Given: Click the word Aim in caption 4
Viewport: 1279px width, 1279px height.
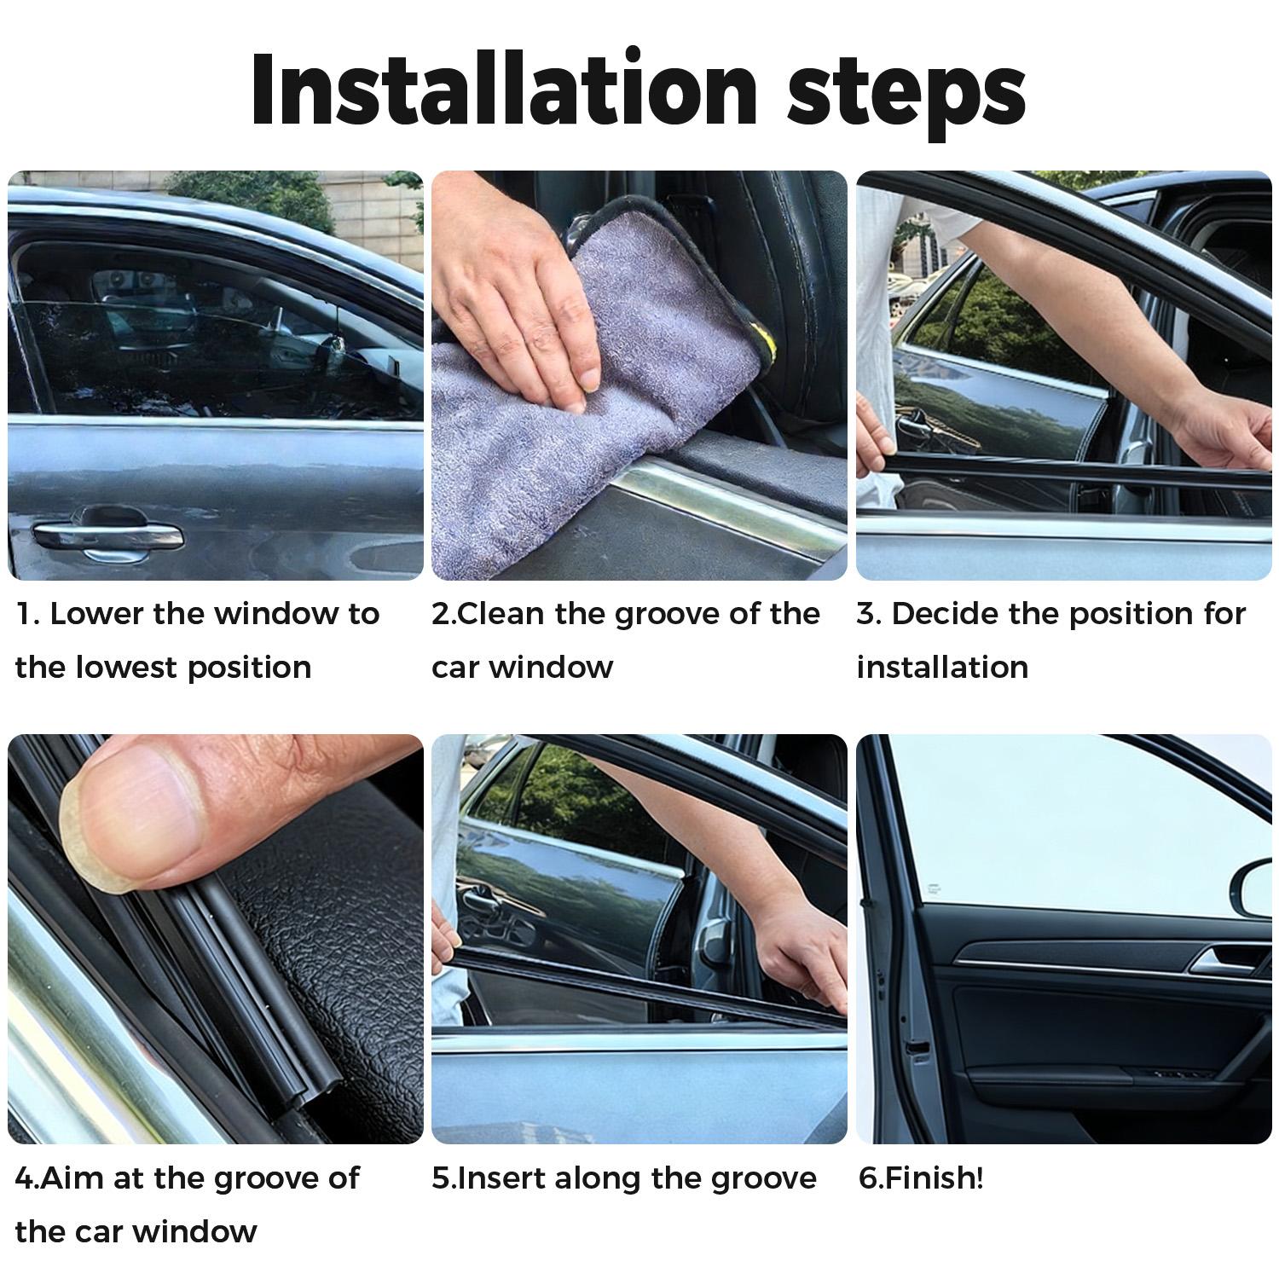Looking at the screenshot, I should click(67, 1178).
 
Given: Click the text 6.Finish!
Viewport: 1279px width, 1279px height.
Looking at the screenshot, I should click(921, 1178).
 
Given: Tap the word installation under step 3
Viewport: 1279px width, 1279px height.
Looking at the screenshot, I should click(942, 667).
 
